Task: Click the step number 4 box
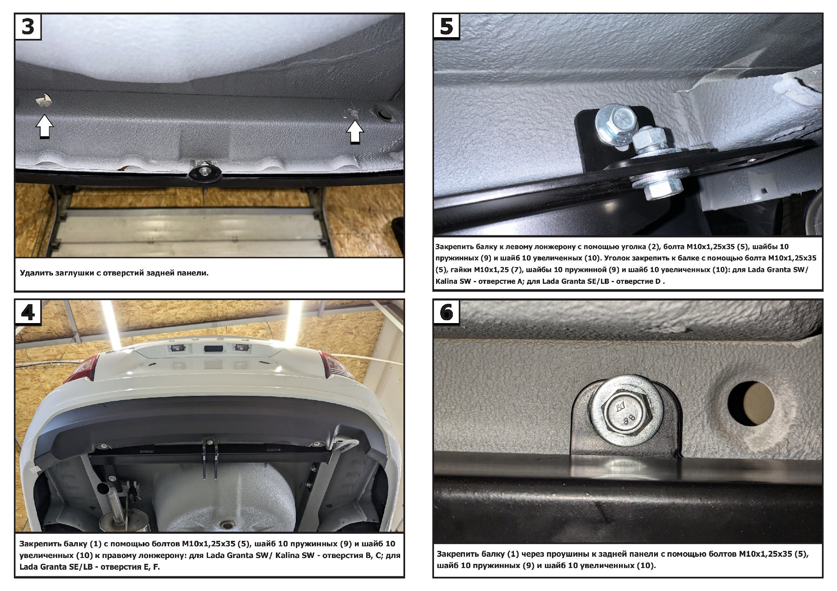28,313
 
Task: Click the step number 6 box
447,312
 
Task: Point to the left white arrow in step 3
45,127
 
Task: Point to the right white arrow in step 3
355,132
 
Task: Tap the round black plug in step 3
384,115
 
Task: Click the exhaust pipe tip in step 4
103,488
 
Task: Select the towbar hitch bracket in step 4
210,456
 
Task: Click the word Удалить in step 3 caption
36,273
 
